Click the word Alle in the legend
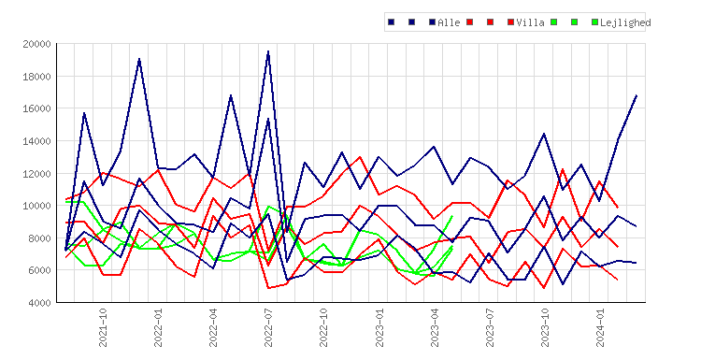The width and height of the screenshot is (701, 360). click(x=449, y=22)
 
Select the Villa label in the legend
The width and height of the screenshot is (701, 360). click(x=530, y=22)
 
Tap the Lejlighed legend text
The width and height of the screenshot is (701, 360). click(x=625, y=22)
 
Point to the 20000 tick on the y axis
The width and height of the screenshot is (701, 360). click(x=36, y=44)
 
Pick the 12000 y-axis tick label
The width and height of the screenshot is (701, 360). click(x=36, y=174)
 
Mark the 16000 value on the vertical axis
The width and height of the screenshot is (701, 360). click(x=36, y=108)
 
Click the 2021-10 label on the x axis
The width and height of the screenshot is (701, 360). click(x=103, y=327)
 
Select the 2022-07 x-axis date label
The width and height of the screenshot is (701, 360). click(x=268, y=327)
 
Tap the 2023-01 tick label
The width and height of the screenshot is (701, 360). click(x=379, y=327)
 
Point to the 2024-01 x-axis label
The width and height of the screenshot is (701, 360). click(x=600, y=327)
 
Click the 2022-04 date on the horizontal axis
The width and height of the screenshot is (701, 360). click(x=213, y=327)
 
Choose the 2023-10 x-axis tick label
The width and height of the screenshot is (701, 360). click(x=545, y=327)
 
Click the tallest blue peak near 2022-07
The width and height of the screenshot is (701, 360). click(x=268, y=51)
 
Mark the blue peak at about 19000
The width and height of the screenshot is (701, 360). click(x=139, y=59)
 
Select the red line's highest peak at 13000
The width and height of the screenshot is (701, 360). click(x=360, y=157)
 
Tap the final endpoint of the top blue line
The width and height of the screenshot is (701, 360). click(x=637, y=95)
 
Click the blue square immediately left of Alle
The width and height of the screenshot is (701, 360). click(x=433, y=22)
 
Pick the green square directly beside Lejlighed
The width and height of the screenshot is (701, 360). click(x=594, y=22)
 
